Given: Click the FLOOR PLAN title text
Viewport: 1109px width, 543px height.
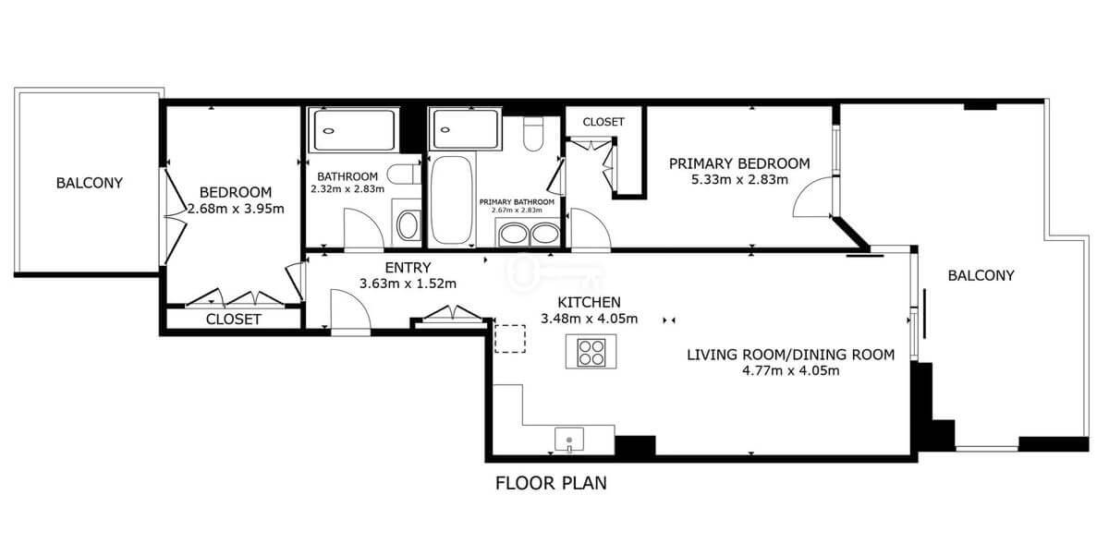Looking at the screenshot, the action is [x=551, y=483].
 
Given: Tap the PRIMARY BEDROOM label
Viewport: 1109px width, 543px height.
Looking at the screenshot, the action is [x=739, y=163].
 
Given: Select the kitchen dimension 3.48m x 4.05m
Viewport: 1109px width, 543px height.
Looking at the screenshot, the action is [x=590, y=319].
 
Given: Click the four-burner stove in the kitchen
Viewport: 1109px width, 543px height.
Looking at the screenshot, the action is [x=591, y=352].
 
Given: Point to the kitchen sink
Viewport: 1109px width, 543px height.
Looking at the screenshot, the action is [x=569, y=440].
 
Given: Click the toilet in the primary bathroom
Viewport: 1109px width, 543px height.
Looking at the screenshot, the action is [x=533, y=134].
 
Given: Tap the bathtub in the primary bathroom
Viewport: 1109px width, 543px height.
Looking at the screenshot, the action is [x=451, y=199].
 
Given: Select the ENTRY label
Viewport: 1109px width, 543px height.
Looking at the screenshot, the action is [x=408, y=268].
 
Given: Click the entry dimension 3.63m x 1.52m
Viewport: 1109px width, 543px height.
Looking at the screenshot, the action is [x=408, y=284].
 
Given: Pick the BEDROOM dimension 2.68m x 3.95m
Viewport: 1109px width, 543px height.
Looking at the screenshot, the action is [x=237, y=209].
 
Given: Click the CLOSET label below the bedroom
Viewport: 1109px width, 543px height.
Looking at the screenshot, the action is [x=233, y=320].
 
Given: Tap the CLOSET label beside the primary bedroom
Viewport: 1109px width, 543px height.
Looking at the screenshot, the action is [x=603, y=122].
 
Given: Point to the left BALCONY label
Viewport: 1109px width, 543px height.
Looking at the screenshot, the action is [x=89, y=183].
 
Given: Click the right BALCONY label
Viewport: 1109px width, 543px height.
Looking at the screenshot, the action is [x=981, y=275].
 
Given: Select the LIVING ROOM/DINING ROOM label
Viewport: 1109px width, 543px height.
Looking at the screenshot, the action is [x=791, y=355].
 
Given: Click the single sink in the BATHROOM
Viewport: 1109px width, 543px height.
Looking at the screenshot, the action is [x=408, y=226].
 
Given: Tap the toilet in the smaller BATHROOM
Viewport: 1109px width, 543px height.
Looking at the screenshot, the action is [x=403, y=175].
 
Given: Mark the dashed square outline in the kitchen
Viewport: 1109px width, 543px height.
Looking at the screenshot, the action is [x=510, y=339].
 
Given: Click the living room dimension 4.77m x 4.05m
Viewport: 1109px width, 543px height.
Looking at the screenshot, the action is [x=791, y=371].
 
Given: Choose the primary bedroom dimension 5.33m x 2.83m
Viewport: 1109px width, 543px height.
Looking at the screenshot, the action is [x=739, y=179].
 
